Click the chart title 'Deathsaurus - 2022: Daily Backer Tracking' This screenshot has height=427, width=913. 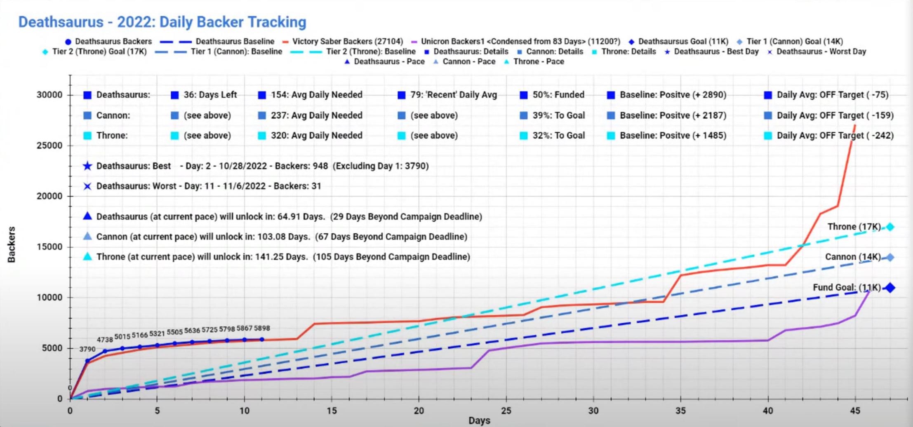click(x=162, y=22)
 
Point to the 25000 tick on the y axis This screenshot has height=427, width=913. click(x=49, y=145)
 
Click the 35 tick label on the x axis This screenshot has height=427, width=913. click(x=680, y=411)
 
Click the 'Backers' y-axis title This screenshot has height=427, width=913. click(x=12, y=244)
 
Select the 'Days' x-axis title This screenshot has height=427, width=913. click(x=479, y=420)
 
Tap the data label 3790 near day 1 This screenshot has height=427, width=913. click(x=87, y=349)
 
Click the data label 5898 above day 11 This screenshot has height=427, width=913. click(x=262, y=328)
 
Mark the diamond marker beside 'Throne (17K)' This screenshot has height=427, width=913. click(x=890, y=227)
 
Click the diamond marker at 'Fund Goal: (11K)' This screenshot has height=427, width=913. click(x=890, y=288)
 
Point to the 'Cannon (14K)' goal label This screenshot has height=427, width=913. click(x=852, y=257)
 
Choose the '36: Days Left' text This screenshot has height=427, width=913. click(x=210, y=95)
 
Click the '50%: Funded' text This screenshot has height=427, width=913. click(x=558, y=95)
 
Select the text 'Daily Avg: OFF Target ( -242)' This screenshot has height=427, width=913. click(x=835, y=136)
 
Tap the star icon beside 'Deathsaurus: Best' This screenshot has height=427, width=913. click(x=87, y=166)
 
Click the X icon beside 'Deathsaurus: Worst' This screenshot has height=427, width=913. click(x=87, y=186)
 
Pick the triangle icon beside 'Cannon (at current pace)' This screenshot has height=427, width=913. click(x=87, y=237)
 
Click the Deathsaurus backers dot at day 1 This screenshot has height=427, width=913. click(x=87, y=361)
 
